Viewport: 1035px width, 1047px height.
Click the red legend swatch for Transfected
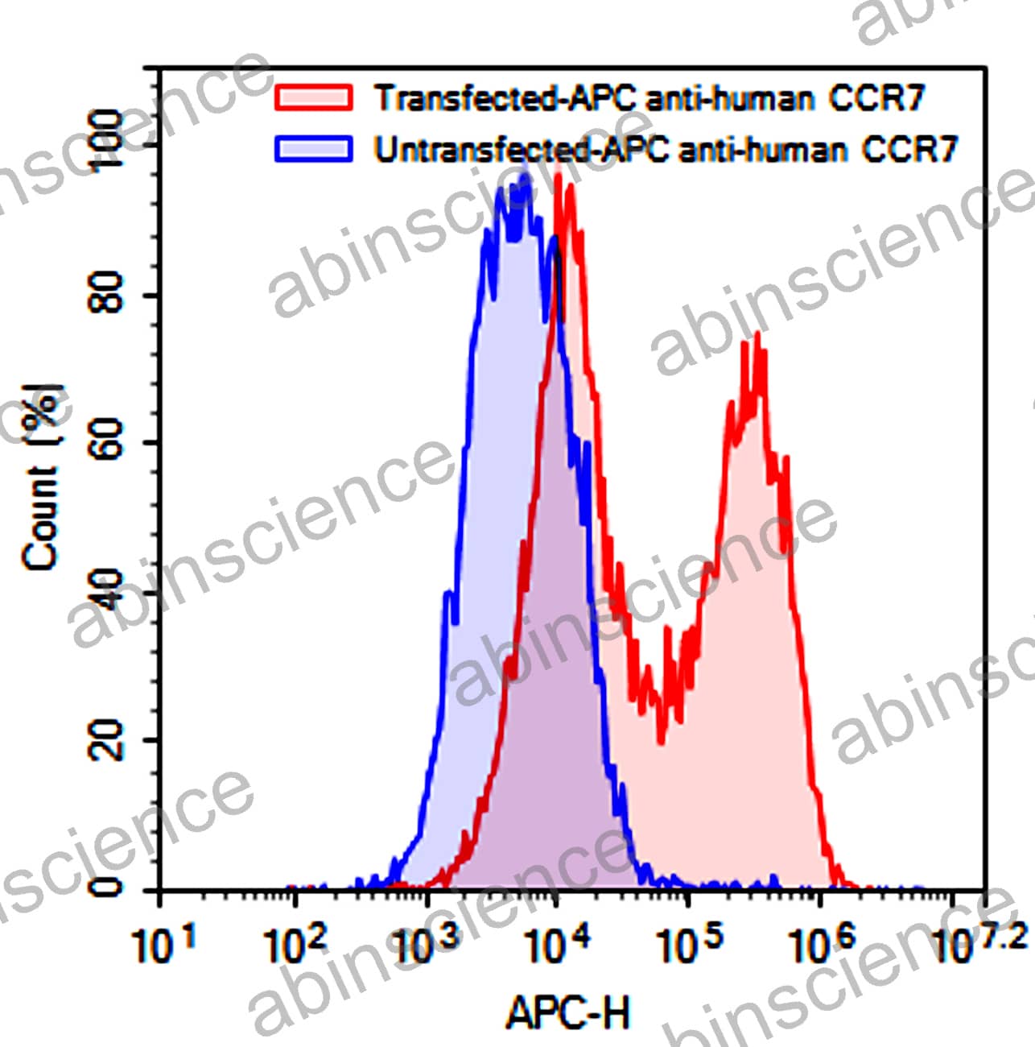[x=314, y=97]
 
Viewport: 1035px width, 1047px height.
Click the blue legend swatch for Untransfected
[x=314, y=149]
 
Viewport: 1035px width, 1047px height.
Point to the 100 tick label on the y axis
[x=106, y=141]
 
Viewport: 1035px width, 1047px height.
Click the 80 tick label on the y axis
[x=106, y=292]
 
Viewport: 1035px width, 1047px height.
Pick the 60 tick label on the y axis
[x=106, y=441]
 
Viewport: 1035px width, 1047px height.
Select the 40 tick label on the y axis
[x=106, y=590]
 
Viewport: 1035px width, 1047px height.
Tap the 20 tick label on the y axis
[x=106, y=739]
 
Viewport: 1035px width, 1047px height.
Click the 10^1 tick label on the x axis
[x=164, y=944]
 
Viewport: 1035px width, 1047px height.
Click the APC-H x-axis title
[x=568, y=1012]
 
